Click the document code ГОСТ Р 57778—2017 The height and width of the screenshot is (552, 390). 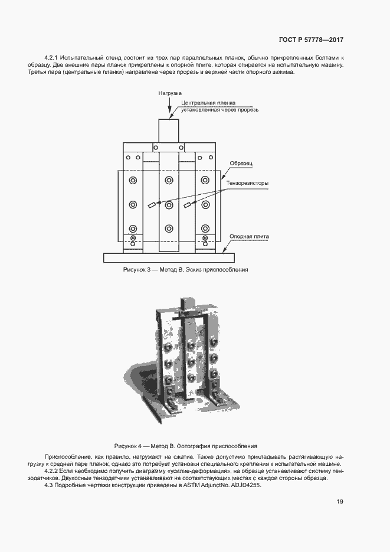(x=311, y=40)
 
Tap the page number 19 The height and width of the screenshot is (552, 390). (x=340, y=501)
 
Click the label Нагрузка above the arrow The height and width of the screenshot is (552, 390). (x=170, y=93)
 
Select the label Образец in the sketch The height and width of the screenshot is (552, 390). (x=241, y=164)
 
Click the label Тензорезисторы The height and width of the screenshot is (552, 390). (x=247, y=183)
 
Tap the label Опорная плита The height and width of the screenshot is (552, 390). (x=249, y=237)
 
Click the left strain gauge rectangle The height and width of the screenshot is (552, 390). (x=152, y=205)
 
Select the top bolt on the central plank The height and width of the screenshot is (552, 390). (x=169, y=181)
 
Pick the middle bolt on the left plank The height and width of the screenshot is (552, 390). (x=133, y=204)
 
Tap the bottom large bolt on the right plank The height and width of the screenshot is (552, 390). (x=205, y=228)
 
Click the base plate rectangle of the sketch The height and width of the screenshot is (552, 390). (x=169, y=257)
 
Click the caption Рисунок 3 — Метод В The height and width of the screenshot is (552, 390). (x=153, y=270)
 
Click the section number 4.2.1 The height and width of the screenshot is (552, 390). (x=51, y=57)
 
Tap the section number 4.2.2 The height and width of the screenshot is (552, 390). (x=51, y=471)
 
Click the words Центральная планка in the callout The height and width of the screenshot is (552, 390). (x=208, y=103)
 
